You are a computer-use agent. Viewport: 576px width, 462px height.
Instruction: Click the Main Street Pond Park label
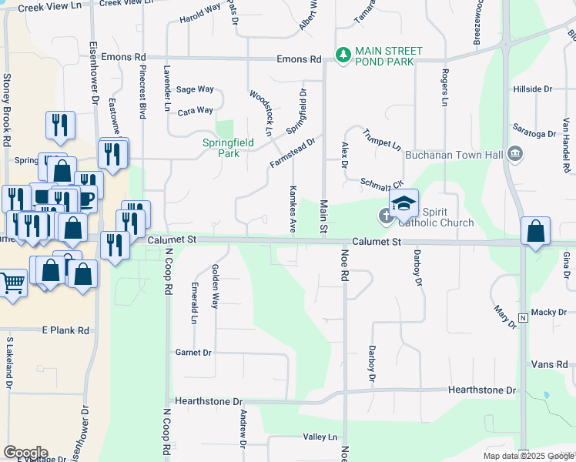point(384,56)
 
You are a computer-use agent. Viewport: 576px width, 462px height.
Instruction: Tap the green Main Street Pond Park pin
point(343,55)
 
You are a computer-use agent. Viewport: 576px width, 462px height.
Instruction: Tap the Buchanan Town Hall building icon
point(516,153)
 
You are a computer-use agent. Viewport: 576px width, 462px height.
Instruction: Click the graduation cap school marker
point(403,205)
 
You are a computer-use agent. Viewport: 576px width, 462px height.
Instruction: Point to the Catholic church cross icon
point(385,217)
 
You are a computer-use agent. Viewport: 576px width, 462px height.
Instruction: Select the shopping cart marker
point(12,283)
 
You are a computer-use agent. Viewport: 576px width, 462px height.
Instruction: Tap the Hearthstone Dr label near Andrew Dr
point(209,401)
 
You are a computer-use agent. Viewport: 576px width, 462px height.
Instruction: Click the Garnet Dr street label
point(193,353)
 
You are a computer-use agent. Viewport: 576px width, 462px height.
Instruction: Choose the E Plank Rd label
point(65,330)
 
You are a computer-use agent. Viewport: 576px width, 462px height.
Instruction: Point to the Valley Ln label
point(321,437)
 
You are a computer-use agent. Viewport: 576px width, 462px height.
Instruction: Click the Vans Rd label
point(550,364)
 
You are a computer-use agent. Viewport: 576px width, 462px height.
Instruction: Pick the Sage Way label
point(195,89)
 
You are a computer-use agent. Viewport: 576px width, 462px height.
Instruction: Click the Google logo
point(25,453)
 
